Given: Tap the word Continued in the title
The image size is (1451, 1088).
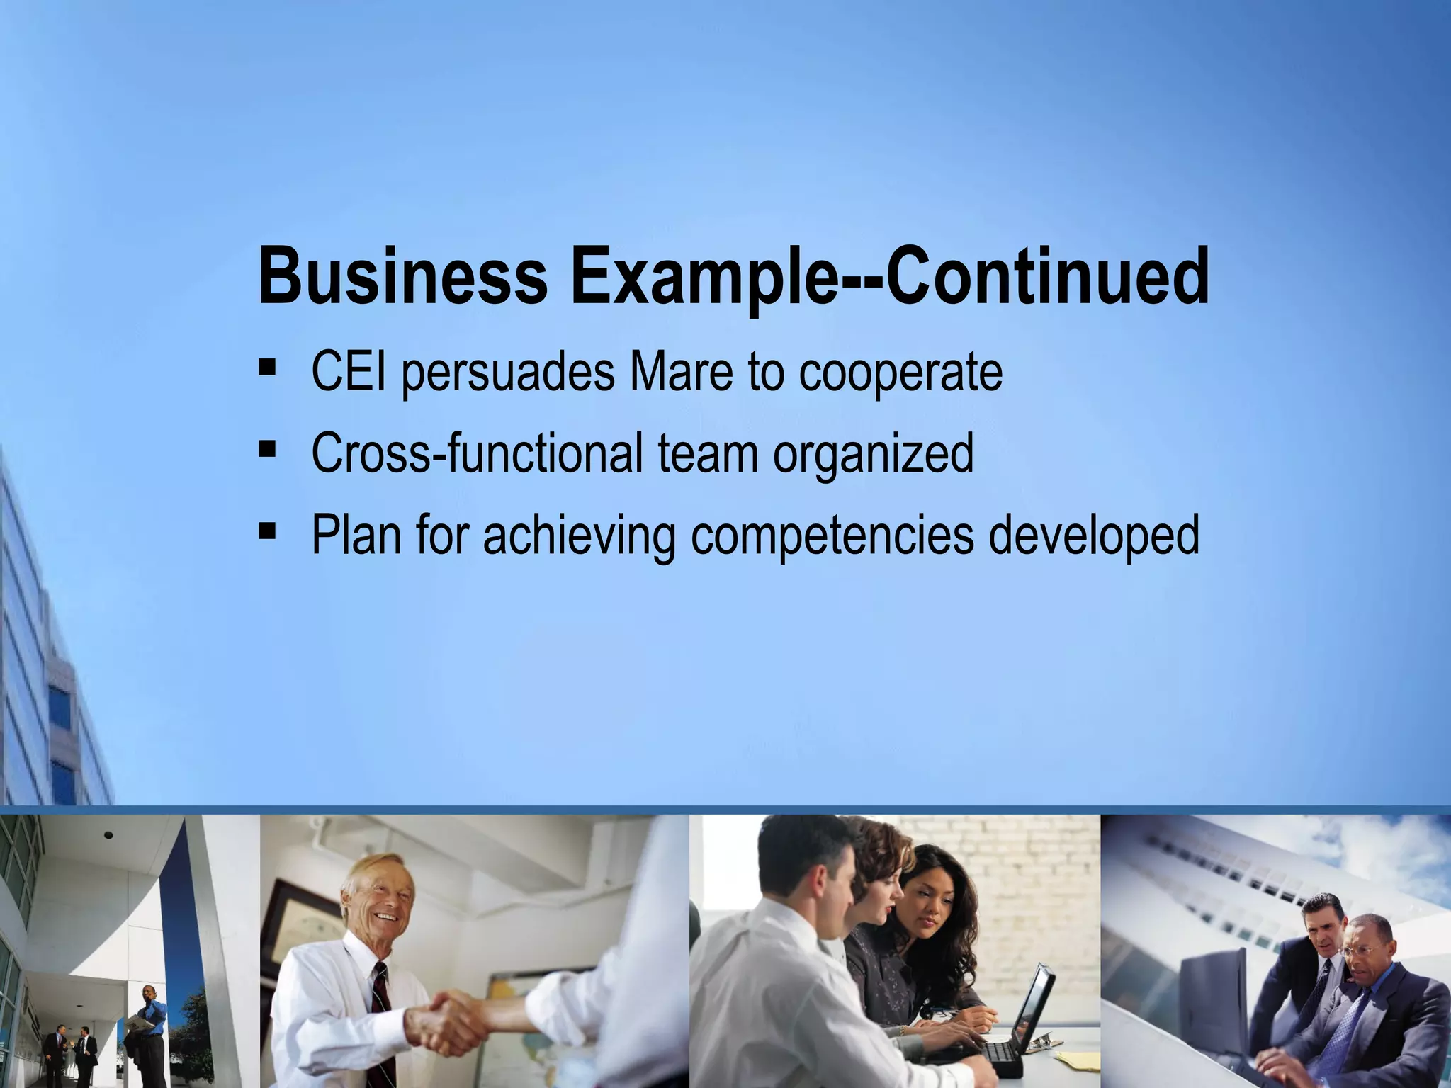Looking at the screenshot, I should coord(1047,277).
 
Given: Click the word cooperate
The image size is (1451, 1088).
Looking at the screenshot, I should coord(900,374).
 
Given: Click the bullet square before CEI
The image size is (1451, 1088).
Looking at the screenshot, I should coord(267,368).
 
